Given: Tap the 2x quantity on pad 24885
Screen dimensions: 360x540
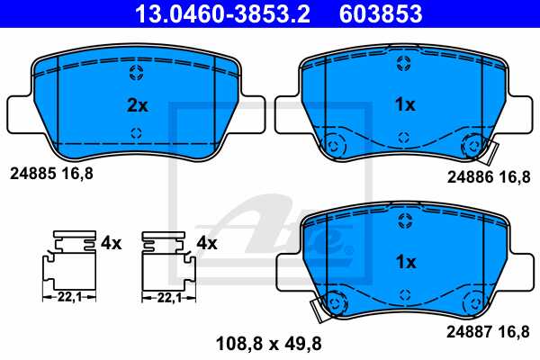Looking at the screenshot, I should tap(137, 105).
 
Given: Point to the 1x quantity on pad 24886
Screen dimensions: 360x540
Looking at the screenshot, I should tap(405, 105).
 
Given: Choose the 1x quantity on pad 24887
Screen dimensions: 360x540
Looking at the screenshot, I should tap(405, 263).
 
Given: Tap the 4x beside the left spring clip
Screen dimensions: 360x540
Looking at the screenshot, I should tap(110, 243).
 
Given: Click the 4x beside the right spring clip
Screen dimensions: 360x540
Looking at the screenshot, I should tap(207, 243).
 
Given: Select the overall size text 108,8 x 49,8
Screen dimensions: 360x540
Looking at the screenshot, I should tap(268, 342).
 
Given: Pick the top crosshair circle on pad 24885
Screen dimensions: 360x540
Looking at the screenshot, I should tap(136, 72).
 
